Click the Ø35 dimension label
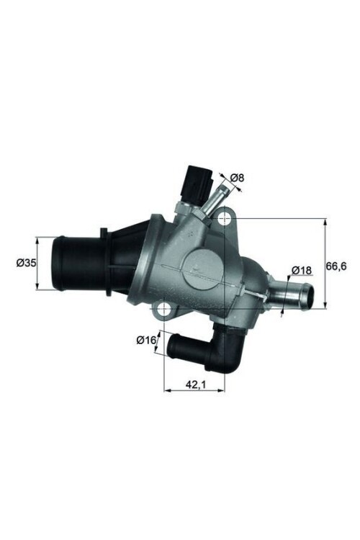tap(26, 264)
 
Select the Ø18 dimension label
tap(302, 270)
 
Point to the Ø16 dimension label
tap(146, 339)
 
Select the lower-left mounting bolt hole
tap(165, 310)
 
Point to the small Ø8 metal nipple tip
tap(223, 191)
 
